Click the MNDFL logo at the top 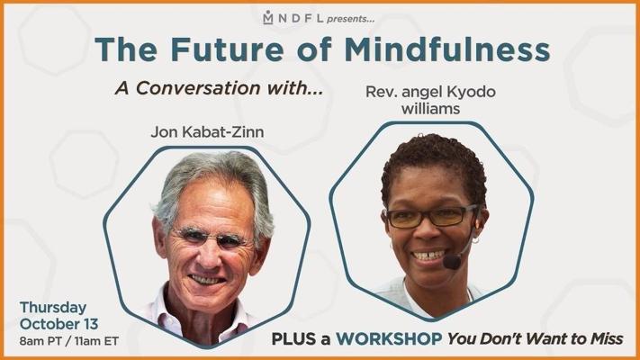(x=293, y=18)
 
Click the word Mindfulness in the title (x=447, y=49)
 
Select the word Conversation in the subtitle (x=198, y=88)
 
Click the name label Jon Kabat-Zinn (x=207, y=131)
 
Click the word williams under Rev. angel (x=430, y=109)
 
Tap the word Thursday (x=52, y=307)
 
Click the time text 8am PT (x=40, y=341)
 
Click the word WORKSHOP (x=389, y=338)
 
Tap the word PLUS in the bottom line (x=293, y=338)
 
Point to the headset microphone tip (x=452, y=262)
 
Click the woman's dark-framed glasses (x=430, y=217)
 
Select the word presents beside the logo (x=351, y=19)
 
